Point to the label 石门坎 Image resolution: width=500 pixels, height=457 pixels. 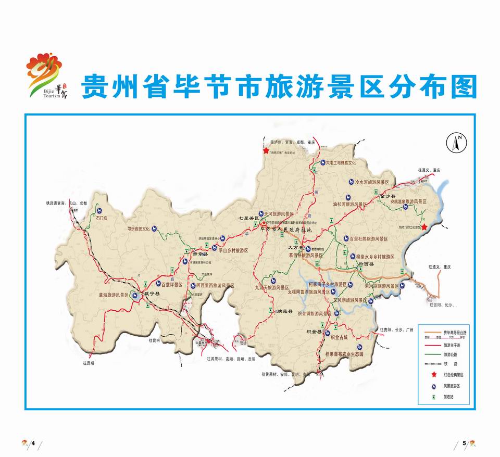pyautogui.click(x=98, y=218)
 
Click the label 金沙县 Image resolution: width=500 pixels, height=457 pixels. pyautogui.click(x=389, y=196)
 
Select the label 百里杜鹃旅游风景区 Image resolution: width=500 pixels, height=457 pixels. pyautogui.click(x=376, y=239)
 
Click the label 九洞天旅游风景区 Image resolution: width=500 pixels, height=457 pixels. pyautogui.click(x=272, y=287)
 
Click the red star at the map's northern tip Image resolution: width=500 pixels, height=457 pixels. pyautogui.click(x=266, y=150)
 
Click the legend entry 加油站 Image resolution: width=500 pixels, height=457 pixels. pyautogui.click(x=448, y=396)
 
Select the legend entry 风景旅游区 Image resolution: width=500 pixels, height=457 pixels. pyautogui.click(x=452, y=386)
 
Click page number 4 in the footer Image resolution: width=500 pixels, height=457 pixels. pyautogui.click(x=33, y=443)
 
